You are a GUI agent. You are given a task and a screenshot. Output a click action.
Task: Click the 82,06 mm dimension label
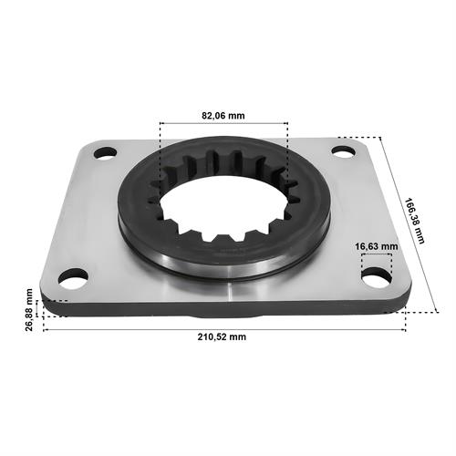[223, 116]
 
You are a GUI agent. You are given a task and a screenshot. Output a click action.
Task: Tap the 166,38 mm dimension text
[414, 221]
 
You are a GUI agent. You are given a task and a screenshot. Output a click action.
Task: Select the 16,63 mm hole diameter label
[377, 246]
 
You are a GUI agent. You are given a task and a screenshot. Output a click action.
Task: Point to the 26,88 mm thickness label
[29, 309]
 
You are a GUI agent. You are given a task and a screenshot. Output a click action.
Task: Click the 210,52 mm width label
[222, 337]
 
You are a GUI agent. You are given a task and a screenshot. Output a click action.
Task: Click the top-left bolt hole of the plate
[105, 152]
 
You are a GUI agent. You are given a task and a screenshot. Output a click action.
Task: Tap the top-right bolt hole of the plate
[343, 151]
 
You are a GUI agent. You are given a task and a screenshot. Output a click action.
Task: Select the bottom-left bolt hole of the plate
[73, 278]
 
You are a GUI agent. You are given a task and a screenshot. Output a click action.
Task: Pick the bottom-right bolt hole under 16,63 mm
[377, 277]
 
